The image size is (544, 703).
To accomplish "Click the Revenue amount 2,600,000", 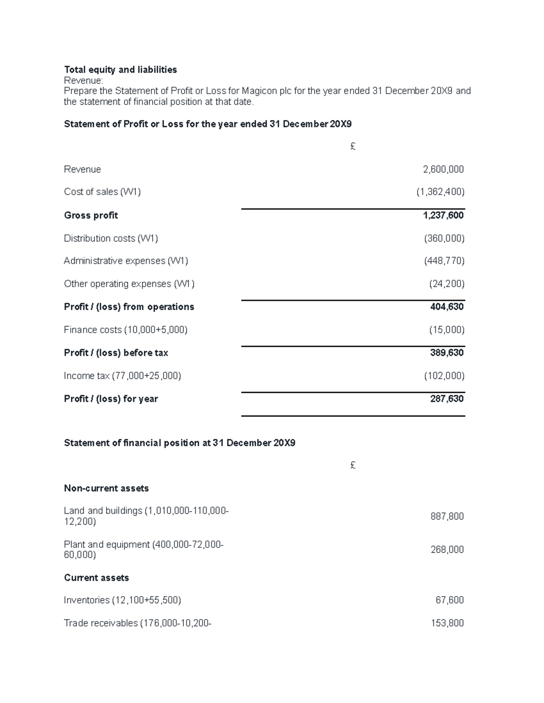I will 443,169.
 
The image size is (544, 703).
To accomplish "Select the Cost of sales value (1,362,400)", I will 440,192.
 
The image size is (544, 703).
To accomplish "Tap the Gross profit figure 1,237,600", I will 443,215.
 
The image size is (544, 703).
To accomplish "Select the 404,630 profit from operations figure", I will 447,307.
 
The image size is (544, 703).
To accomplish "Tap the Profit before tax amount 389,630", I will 447,353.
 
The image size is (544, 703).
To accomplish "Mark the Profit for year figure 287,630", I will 447,399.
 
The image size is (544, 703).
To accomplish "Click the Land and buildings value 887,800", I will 447,516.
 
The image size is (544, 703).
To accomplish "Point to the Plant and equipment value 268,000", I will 447,550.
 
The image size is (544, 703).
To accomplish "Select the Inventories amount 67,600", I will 449,600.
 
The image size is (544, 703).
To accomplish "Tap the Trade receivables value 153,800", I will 447,623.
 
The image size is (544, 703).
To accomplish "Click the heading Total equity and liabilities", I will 120,70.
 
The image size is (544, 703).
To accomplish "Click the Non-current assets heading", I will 106,488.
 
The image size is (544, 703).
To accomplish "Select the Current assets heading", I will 96,578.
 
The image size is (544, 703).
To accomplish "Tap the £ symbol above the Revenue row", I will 353,147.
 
